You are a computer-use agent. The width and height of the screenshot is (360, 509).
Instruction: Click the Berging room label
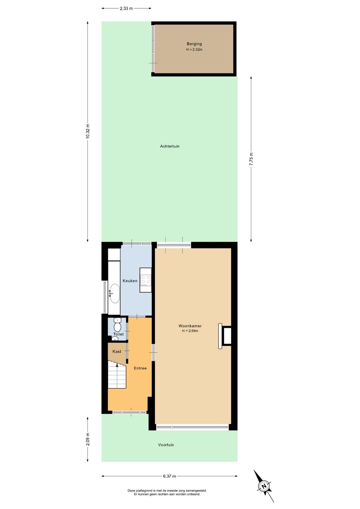tap(194, 44)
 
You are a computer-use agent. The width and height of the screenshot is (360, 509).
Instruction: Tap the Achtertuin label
tap(169, 146)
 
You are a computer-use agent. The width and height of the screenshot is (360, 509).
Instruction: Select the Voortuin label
tap(166, 445)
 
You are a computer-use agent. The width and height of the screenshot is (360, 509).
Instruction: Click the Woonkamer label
tap(190, 326)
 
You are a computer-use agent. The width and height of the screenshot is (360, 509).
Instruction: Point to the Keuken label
tap(130, 281)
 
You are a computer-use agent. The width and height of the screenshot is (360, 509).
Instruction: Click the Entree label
tap(140, 368)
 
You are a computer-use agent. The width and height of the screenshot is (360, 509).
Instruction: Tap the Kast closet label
tap(117, 351)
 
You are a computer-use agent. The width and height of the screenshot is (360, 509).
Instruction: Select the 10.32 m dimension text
tap(88, 131)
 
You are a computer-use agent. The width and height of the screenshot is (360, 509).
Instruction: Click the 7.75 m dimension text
tap(251, 159)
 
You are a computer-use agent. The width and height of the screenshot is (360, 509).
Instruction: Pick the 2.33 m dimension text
tap(126, 8)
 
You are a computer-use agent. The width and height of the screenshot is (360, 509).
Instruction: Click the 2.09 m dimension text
tap(88, 439)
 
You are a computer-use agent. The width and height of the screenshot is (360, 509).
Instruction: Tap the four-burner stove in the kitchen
tap(146, 280)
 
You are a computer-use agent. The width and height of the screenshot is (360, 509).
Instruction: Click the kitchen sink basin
tap(114, 293)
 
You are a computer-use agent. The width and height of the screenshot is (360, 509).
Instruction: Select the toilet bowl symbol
tap(117, 326)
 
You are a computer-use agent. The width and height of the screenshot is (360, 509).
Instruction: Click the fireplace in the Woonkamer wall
tap(225, 336)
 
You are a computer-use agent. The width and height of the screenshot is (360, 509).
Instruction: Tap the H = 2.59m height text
tap(190, 331)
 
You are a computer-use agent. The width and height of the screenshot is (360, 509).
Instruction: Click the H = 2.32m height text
tap(194, 49)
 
